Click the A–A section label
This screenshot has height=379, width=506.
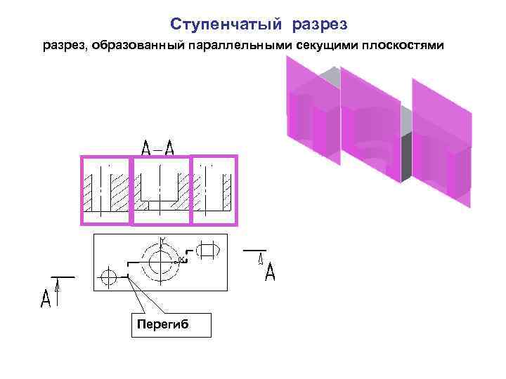(157, 147)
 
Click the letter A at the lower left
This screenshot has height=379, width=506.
(46, 300)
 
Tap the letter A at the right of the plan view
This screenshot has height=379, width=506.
(270, 272)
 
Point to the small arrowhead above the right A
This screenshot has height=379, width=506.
(260, 258)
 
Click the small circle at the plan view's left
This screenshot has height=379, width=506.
(108, 276)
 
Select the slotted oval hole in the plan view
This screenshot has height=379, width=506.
(209, 249)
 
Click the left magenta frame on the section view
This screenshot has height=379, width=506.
(105, 189)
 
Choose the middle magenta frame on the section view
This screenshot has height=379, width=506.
(162, 189)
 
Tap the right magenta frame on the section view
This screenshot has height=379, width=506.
(214, 189)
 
